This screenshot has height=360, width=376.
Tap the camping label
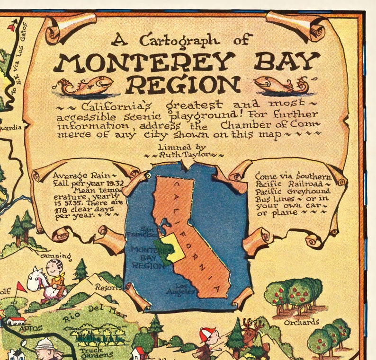coord(55,257)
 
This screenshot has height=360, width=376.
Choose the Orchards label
coord(301,323)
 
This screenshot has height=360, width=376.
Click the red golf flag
coord(20,287)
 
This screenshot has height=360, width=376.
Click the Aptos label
coord(31,328)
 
